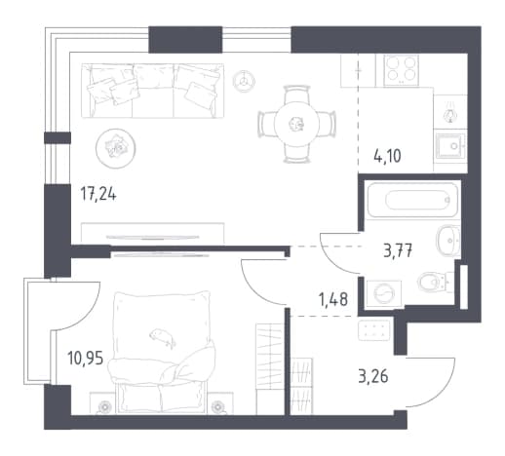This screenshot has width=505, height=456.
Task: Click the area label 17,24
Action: [x=98, y=195]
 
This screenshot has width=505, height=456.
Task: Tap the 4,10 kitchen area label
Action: [x=387, y=156]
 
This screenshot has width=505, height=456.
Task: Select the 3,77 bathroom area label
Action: [x=398, y=251]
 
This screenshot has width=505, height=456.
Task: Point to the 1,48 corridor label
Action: [x=333, y=299]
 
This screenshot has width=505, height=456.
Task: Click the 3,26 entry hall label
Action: [x=373, y=377]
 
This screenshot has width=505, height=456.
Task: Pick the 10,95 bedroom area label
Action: [x=86, y=359]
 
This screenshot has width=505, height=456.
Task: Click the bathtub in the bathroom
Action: [x=412, y=199]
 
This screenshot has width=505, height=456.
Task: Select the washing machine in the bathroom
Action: [x=384, y=293]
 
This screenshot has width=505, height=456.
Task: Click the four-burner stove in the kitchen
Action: [x=401, y=70]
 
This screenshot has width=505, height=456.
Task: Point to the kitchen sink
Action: [x=450, y=146]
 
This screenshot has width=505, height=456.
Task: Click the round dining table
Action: [x=296, y=124]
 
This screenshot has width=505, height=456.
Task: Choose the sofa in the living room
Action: [x=152, y=91]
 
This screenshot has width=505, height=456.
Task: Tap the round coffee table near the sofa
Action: [x=115, y=148]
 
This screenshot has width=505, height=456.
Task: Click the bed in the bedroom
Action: [x=161, y=352]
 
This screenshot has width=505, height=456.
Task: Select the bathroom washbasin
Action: [x=448, y=241]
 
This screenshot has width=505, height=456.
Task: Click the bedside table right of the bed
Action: [x=220, y=403]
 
